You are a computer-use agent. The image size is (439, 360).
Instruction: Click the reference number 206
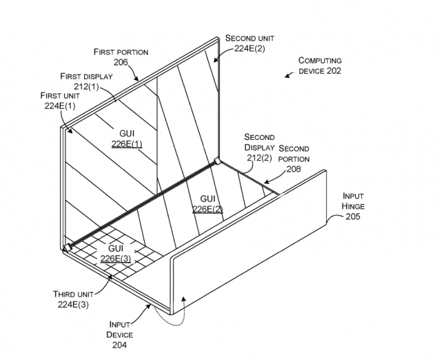(x=121, y=62)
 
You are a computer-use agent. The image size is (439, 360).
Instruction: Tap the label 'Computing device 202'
(x=320, y=66)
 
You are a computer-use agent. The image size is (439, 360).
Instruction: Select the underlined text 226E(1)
(x=127, y=144)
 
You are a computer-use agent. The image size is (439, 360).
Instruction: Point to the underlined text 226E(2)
(x=208, y=209)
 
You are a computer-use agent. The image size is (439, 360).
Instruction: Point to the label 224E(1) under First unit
(x=60, y=106)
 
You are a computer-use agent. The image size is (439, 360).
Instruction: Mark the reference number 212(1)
(x=87, y=87)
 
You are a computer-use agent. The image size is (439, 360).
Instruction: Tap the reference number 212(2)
(x=260, y=157)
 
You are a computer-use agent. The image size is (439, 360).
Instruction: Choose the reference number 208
(x=294, y=169)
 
